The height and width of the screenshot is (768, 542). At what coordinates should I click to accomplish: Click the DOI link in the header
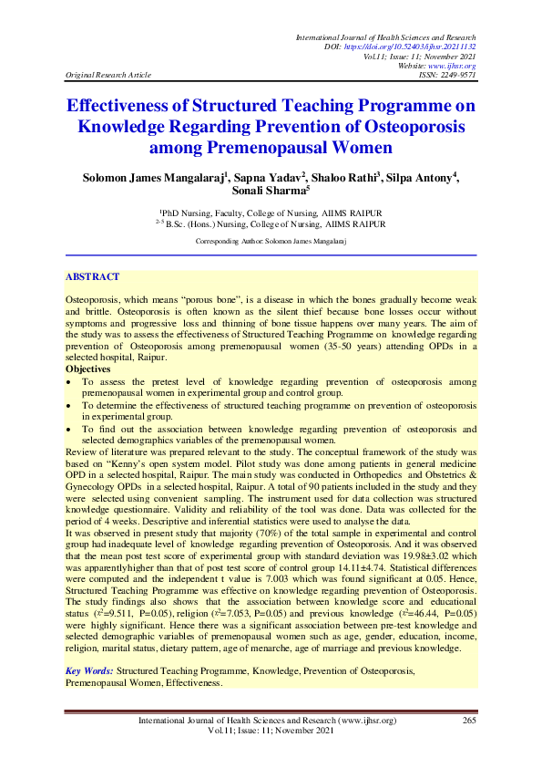434,46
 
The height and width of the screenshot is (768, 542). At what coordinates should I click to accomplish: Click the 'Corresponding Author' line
271,241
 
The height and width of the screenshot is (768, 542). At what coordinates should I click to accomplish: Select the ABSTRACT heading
92,275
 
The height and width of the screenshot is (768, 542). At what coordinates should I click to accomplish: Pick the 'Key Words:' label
89,670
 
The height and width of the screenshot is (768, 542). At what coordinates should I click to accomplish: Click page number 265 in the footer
469,721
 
